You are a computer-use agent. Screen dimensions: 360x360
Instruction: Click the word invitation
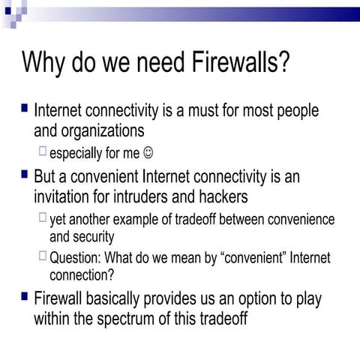64,198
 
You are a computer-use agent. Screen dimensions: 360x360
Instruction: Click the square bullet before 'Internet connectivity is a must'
24,109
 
